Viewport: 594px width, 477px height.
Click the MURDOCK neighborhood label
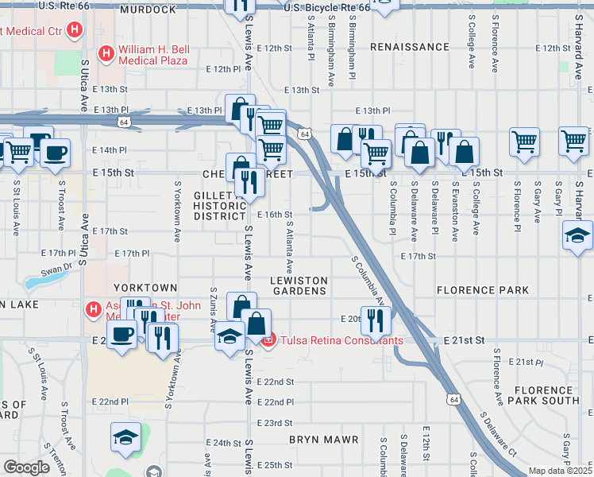click(147, 10)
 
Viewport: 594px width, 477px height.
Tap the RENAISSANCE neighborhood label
click(409, 47)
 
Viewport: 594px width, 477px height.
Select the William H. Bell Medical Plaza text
click(153, 55)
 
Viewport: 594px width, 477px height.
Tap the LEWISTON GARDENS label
click(299, 285)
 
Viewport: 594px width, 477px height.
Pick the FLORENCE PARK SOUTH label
click(546, 395)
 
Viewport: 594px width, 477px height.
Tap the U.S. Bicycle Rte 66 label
click(326, 8)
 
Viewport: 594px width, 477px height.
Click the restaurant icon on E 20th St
click(376, 320)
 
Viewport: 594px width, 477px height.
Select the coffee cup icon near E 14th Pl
click(55, 153)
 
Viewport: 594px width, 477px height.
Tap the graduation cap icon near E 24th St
click(125, 438)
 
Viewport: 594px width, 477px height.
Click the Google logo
click(26, 467)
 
